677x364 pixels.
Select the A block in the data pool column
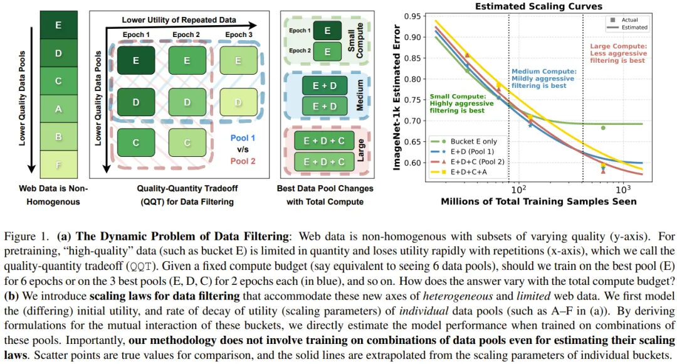(x=58, y=109)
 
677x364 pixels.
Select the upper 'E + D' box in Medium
(x=325, y=85)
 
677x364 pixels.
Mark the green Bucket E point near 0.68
(x=603, y=128)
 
